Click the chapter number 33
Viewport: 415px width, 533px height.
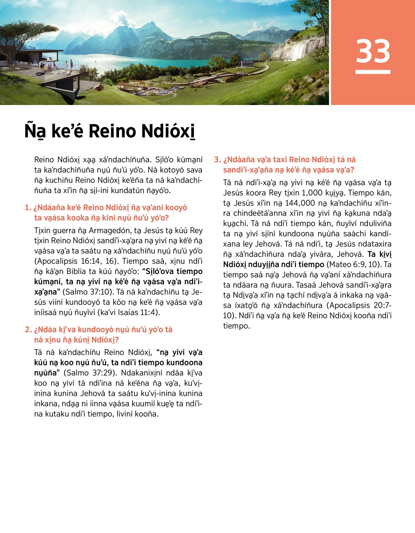pos(373,51)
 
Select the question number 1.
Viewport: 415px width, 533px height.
pos(28,208)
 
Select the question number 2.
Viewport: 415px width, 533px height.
pos(28,330)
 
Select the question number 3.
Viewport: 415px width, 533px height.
pos(218,160)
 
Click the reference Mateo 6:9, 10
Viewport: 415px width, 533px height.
pos(354,265)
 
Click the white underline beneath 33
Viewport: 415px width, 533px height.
pos(373,72)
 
